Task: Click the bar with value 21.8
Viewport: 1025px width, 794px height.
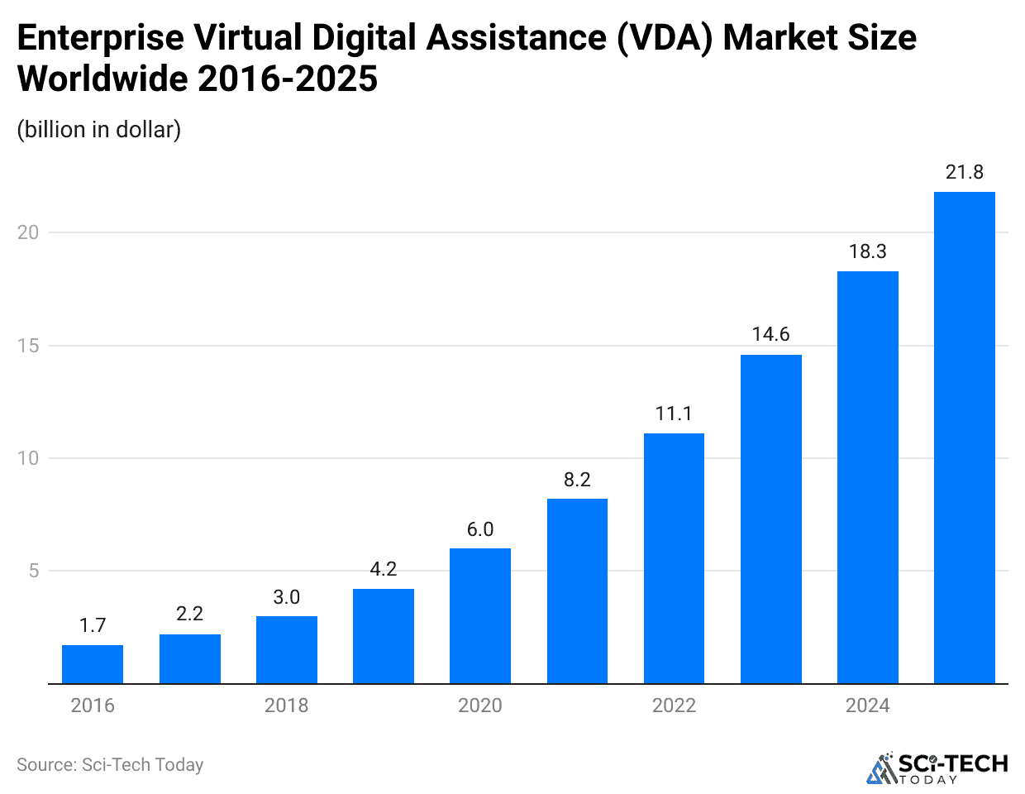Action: pos(964,438)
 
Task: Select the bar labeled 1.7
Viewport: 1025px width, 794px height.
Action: pos(93,664)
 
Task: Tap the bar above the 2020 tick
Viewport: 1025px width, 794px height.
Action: pos(480,616)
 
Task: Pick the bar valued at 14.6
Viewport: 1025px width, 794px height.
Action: pos(770,519)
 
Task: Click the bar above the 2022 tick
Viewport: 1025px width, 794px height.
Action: pos(674,558)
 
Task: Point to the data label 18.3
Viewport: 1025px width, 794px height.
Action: pos(867,251)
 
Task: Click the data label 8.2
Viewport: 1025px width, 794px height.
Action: pos(577,480)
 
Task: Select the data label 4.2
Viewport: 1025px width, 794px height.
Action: pos(384,569)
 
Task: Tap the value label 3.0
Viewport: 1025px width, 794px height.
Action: pos(287,597)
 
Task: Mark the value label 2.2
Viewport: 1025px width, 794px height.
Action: pos(189,614)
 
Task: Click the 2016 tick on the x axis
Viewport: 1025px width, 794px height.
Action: pos(93,706)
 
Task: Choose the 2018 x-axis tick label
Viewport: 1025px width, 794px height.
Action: pos(286,706)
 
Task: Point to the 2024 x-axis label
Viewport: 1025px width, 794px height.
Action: pos(867,706)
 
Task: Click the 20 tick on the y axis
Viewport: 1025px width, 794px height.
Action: pos(28,232)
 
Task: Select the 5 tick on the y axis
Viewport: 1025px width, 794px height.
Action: pos(34,571)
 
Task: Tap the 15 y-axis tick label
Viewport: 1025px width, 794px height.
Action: pos(28,346)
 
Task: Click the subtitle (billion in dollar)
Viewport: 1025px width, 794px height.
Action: pos(99,130)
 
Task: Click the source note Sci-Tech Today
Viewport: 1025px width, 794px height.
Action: pos(110,764)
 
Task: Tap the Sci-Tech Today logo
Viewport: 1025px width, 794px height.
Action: pos(937,768)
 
